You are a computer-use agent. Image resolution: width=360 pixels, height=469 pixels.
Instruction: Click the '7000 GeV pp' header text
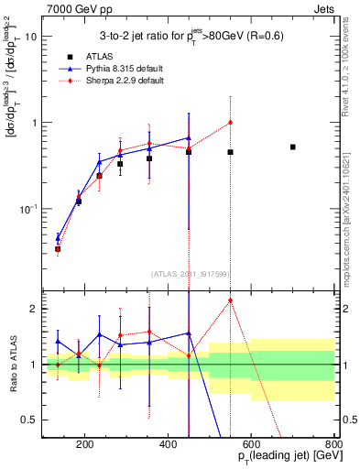coord(74,8)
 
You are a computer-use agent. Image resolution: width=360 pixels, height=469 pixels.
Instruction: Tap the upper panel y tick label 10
coord(29,37)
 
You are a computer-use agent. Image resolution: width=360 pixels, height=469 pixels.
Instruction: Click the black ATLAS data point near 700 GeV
coord(292,147)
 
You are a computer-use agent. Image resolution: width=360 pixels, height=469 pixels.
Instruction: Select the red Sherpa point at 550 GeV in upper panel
coord(230,122)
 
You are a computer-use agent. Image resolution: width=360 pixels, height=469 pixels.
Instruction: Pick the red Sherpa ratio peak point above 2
coord(230,300)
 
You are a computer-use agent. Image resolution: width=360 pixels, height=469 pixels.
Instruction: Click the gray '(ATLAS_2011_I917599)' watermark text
coord(189,274)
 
